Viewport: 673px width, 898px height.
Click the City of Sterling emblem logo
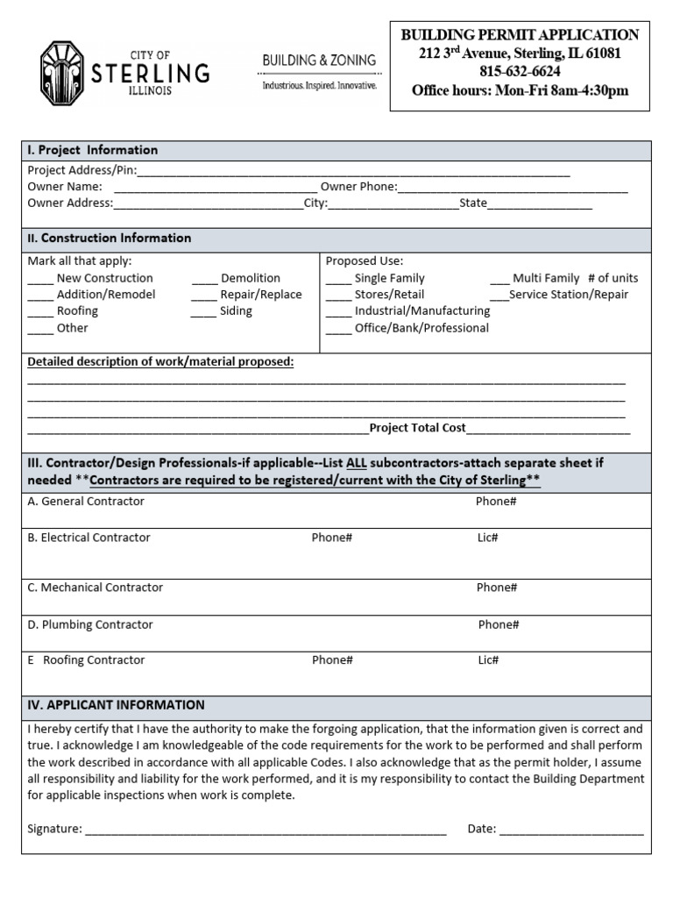coord(62,73)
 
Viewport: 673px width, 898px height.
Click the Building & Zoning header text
coord(319,61)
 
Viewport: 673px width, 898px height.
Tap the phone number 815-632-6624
coord(521,72)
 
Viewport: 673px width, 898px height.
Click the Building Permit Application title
coord(520,35)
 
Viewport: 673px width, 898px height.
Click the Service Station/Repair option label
coord(568,295)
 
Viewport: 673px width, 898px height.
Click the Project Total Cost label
coord(417,428)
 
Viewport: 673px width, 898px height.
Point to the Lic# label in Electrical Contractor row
coord(488,538)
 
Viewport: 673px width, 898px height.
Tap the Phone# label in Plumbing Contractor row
coord(499,624)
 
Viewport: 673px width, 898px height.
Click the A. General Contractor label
coord(86,502)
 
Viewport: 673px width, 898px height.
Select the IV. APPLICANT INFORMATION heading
coord(116,705)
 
